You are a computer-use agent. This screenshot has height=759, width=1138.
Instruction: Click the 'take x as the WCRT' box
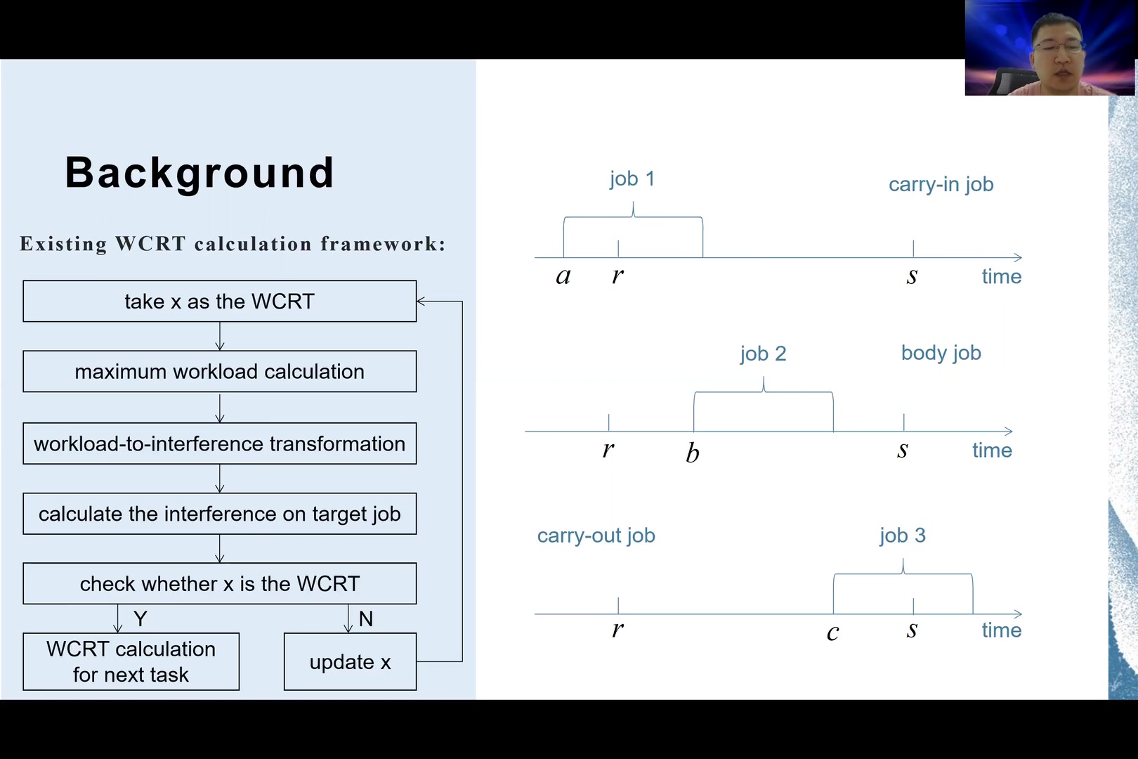[219, 301]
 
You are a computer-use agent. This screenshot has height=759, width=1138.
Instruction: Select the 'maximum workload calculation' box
[219, 372]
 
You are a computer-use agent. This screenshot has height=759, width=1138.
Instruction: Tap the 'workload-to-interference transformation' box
[219, 443]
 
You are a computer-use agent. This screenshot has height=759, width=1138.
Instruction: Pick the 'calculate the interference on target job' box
[219, 514]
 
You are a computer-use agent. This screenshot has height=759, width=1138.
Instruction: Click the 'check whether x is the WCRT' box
[219, 583]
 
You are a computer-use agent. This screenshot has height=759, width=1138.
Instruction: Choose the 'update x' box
[350, 662]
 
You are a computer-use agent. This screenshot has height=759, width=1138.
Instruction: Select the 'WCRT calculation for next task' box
[131, 662]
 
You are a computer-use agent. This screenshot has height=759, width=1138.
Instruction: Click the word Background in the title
[200, 172]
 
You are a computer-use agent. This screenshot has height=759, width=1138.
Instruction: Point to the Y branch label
[140, 618]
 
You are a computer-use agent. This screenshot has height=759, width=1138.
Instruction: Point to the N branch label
[365, 618]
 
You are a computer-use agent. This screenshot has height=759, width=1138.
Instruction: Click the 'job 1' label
[632, 179]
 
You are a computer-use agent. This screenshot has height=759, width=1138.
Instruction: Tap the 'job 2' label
[763, 353]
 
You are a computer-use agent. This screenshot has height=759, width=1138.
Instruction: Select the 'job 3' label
[903, 536]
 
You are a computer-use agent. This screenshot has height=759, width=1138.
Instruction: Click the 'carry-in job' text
[941, 184]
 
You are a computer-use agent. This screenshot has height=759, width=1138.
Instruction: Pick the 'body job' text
[941, 353]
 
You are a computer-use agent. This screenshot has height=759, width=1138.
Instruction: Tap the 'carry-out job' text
[596, 536]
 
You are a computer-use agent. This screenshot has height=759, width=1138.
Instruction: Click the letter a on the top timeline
[563, 276]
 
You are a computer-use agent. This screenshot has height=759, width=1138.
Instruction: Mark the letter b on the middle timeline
[693, 453]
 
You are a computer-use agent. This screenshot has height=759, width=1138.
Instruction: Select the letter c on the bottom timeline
[832, 632]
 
